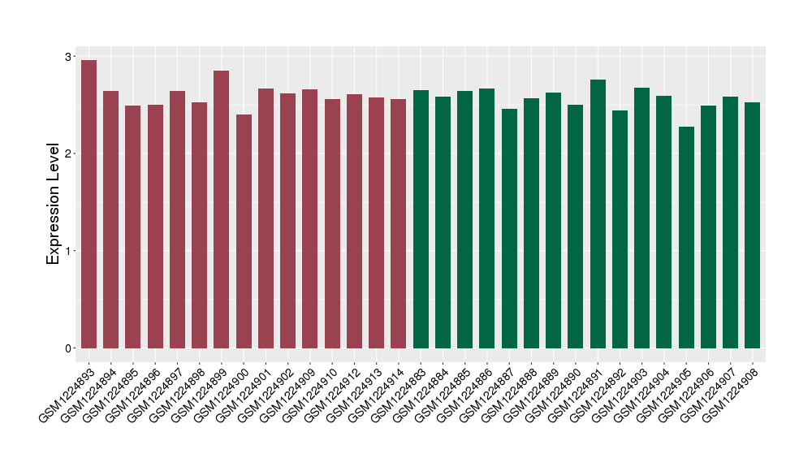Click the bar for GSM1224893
(89, 204)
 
